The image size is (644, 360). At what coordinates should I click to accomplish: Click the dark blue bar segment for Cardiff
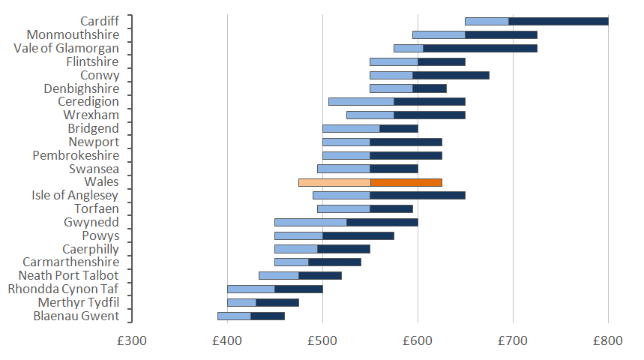tap(559, 21)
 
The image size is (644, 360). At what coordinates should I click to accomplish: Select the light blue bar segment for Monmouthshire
tap(439, 34)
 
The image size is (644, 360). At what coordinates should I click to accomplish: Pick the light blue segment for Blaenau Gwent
tap(234, 316)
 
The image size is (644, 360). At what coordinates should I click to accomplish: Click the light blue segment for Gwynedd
tap(310, 222)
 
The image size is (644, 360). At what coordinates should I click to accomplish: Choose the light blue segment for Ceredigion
tap(361, 101)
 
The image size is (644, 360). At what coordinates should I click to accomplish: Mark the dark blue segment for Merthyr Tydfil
tap(277, 302)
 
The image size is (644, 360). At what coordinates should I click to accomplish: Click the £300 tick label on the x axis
tap(132, 340)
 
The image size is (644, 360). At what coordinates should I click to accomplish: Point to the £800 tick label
tap(608, 340)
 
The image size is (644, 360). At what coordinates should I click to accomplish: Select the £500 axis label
tap(322, 340)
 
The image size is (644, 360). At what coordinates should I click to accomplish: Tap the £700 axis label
tap(513, 340)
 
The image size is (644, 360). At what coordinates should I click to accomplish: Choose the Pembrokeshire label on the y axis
tap(76, 155)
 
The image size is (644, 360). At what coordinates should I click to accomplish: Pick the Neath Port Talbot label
tap(70, 275)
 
